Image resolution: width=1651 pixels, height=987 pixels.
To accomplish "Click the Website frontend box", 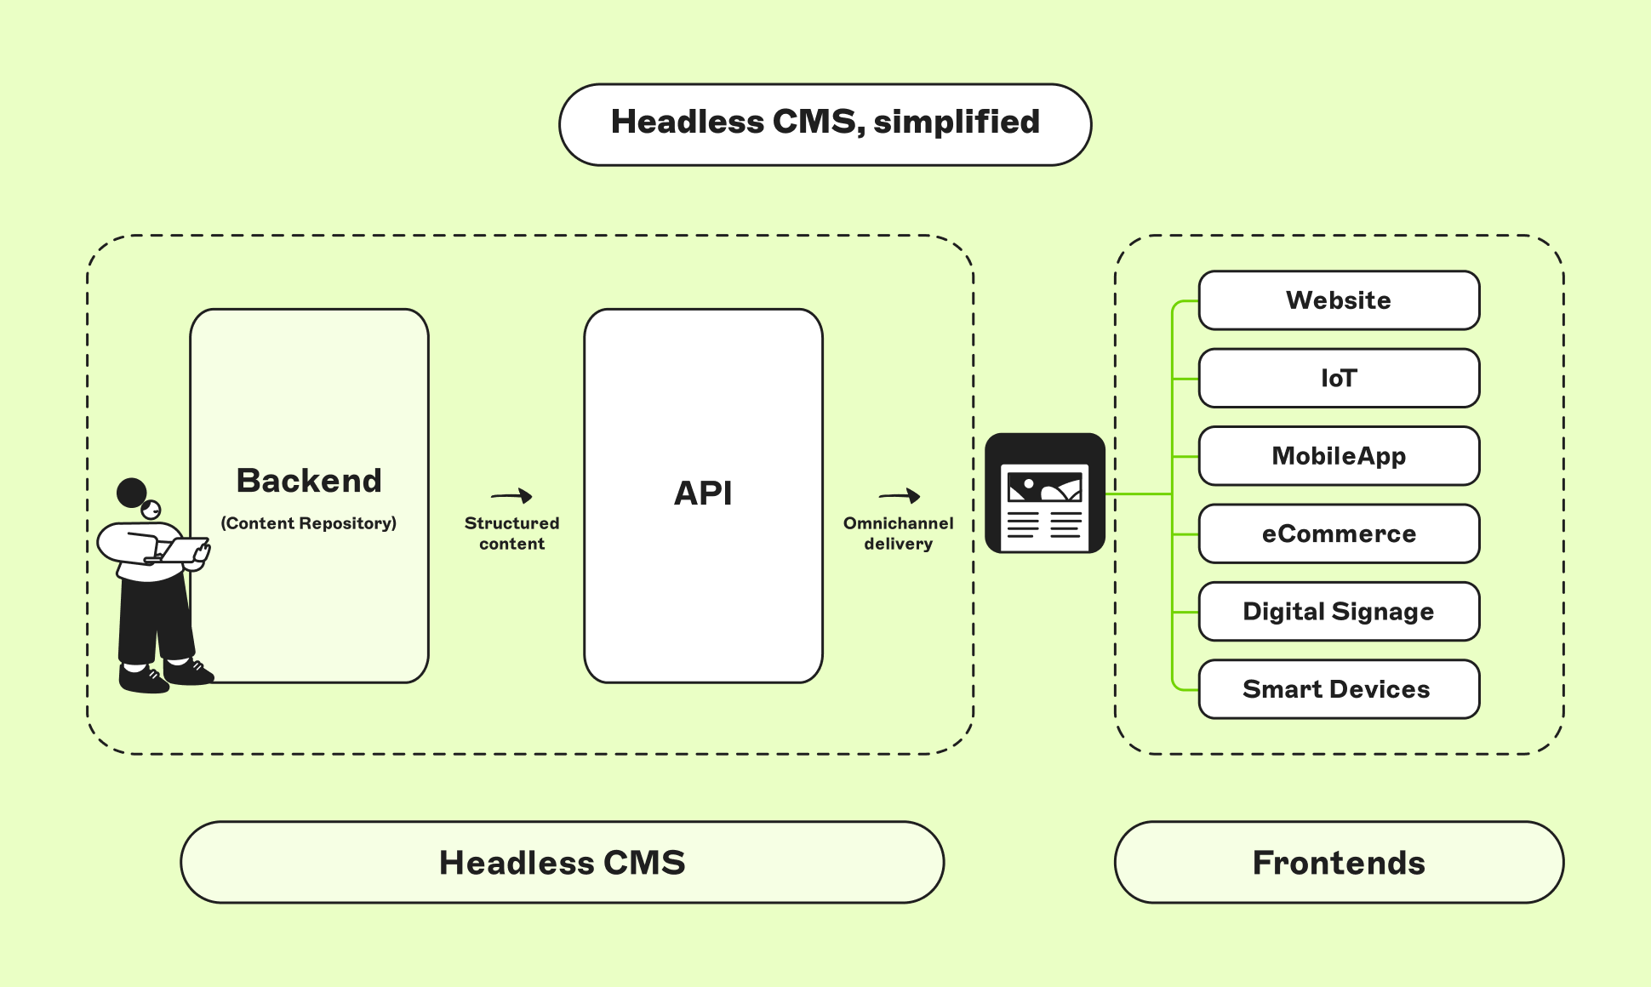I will pos(1339,300).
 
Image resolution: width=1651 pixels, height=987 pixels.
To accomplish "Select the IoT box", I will pos(1339,378).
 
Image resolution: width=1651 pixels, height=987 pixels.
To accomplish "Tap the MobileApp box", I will pos(1339,456).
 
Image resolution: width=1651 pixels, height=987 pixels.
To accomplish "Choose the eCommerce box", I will pos(1339,533).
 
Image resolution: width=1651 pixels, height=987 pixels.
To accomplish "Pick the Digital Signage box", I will pos(1339,611).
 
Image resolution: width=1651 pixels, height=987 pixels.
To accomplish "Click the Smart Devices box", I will pos(1339,689).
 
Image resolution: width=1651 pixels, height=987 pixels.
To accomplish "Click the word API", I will pos(703,493).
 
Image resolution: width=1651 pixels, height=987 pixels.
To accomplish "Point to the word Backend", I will pos(309,481).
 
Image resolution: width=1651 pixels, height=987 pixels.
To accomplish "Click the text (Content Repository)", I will pos(309,523).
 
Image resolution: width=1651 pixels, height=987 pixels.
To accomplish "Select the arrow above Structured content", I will pos(511,496).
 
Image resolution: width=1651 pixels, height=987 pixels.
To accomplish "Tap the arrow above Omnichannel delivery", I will pos(899,496).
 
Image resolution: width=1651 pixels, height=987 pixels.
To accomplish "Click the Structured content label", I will pos(511,533).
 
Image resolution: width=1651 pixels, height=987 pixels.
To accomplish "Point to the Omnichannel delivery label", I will pos(899,533).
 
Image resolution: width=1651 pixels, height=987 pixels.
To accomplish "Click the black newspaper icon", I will pos(1045,493).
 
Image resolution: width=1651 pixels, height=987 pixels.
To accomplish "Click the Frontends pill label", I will pos(1339,863).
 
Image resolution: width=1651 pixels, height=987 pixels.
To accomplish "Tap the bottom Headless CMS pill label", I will pos(562,863).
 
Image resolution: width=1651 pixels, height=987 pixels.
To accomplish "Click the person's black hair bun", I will pos(132,492).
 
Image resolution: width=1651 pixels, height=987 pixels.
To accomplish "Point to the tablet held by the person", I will pos(183,550).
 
